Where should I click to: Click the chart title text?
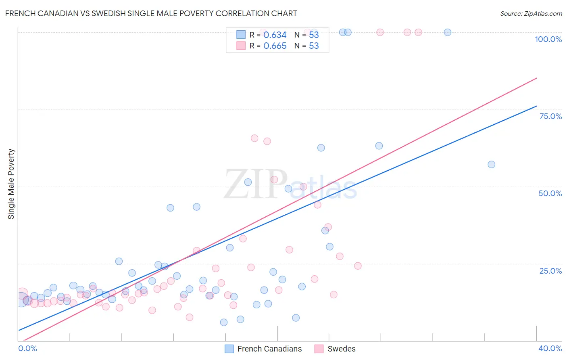point(151,13)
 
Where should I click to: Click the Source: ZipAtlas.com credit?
point(531,13)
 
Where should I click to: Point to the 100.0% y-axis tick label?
point(548,39)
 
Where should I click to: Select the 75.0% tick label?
point(550,116)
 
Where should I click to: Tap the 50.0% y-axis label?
point(550,193)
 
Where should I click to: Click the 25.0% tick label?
point(550,271)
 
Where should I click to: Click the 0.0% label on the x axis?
point(27,348)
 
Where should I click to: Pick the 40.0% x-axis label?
point(550,348)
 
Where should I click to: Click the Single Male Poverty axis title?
point(11,184)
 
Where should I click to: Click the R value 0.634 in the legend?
point(275,35)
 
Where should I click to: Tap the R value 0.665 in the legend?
point(275,46)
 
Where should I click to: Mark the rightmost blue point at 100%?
point(447,32)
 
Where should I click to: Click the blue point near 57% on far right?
point(491,164)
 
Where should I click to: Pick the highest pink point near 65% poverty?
point(254,138)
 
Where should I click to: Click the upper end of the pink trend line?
point(536,78)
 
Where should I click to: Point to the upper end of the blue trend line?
point(536,106)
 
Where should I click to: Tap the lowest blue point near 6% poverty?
point(224,322)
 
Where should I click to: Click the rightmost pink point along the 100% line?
point(418,32)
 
